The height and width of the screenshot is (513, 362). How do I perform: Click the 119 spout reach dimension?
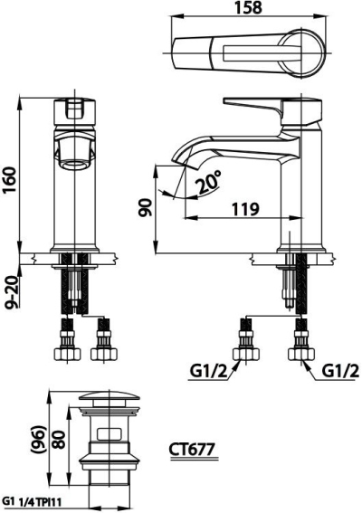[242, 209]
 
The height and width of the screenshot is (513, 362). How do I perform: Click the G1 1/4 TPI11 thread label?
[34, 500]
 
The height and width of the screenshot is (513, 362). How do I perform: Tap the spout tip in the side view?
[179, 162]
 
